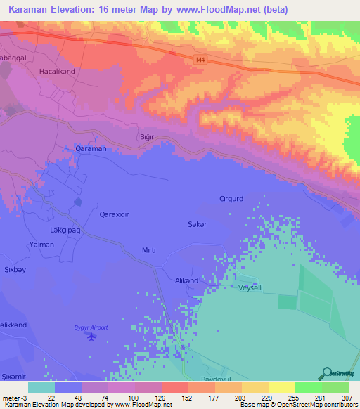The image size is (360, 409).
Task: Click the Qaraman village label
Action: pos(90,149)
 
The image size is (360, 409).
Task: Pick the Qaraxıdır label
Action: pos(116,214)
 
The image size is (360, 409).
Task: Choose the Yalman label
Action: pos(41,245)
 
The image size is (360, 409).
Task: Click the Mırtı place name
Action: pos(148,250)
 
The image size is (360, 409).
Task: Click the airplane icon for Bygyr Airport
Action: pos(90,337)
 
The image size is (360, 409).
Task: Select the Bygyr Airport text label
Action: pos(91,327)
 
